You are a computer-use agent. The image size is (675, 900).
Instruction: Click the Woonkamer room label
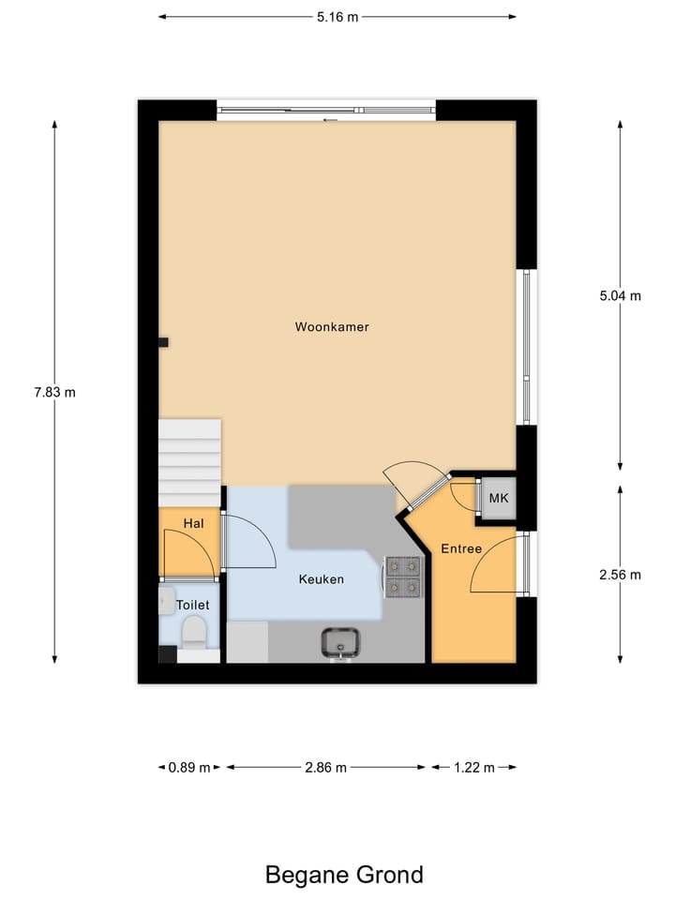(x=332, y=327)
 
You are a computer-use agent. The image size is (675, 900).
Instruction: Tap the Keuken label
(x=322, y=579)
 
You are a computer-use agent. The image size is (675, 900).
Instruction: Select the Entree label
(x=461, y=548)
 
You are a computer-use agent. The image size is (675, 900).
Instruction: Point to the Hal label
(x=193, y=523)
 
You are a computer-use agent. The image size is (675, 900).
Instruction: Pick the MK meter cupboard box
(x=498, y=498)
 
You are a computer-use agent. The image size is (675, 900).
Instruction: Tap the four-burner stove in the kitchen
(x=403, y=577)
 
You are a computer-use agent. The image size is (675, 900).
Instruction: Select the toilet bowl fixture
(x=194, y=633)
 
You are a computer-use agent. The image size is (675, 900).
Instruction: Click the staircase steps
(x=189, y=460)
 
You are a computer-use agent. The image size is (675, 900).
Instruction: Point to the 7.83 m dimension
(x=54, y=393)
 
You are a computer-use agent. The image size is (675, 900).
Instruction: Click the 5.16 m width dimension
(x=337, y=16)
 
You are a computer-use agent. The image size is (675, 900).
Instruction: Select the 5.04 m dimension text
(x=621, y=295)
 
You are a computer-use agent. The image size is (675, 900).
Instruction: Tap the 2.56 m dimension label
(x=621, y=575)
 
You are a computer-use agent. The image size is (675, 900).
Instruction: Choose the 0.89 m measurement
(x=188, y=767)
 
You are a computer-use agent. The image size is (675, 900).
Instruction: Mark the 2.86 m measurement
(x=326, y=767)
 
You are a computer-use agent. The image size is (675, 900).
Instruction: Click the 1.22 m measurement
(x=473, y=767)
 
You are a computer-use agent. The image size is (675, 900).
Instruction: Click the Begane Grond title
(x=344, y=875)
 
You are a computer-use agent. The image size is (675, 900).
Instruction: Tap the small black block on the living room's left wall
(x=163, y=342)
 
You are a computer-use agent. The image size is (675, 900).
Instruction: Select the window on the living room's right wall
(x=528, y=346)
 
